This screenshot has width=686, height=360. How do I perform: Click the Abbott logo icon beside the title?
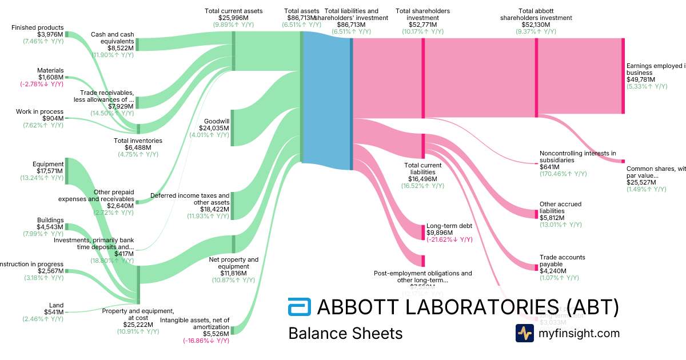pyautogui.click(x=299, y=307)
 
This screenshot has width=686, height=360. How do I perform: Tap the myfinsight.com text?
pyautogui.click(x=579, y=333)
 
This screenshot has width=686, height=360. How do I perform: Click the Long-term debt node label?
pyautogui.click(x=449, y=226)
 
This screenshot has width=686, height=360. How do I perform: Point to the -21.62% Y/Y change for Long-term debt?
pyautogui.click(x=449, y=239)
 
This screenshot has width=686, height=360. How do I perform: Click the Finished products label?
pyautogui.click(x=37, y=27)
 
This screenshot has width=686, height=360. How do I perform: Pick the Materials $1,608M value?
pyautogui.click(x=51, y=77)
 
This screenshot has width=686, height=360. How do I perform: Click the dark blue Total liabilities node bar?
pyautogui.click(x=351, y=103)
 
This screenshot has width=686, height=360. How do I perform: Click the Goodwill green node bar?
pyautogui.click(x=232, y=128)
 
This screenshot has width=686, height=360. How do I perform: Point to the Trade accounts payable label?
pyautogui.click(x=563, y=261)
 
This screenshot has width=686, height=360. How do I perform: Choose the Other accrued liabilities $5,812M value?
pyautogui.click(x=552, y=218)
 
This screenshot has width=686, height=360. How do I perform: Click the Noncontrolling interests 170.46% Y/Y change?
pyautogui.click(x=563, y=174)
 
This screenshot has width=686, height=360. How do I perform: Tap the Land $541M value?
pyautogui.click(x=54, y=312)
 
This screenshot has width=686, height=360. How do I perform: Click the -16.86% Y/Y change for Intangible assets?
pyautogui.click(x=206, y=341)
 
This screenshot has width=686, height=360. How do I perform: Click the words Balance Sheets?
pyautogui.click(x=345, y=333)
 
